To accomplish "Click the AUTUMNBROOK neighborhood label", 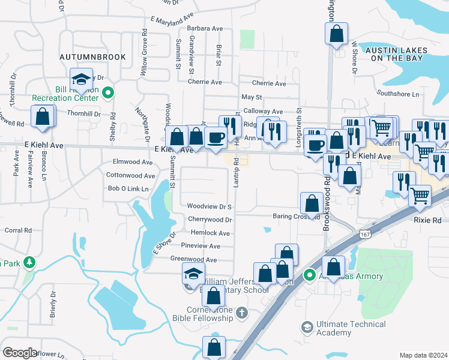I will click(92, 57).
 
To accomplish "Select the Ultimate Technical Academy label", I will click(343, 328).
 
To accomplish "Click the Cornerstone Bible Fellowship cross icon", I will click(241, 313).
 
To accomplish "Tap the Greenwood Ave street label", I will click(193, 259).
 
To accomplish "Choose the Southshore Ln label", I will click(398, 94).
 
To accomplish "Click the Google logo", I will click(20, 352).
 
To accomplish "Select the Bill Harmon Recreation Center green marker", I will click(107, 93).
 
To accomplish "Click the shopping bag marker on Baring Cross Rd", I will click(312, 203).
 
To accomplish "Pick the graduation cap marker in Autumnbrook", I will click(80, 79).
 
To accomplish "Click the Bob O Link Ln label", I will click(127, 189).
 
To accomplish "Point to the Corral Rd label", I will click(18, 230).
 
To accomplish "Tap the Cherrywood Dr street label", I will click(209, 220).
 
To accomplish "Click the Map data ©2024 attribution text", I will click(423, 355).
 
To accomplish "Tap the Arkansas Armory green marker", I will click(310, 275).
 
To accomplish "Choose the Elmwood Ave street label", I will click(133, 162).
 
